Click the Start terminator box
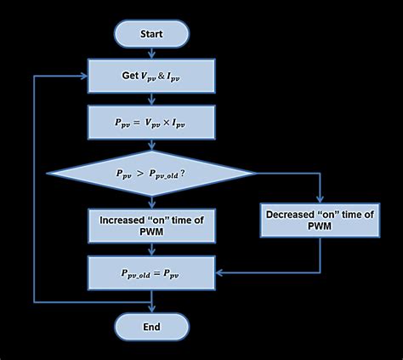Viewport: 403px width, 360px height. coord(151,34)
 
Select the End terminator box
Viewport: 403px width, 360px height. coord(151,326)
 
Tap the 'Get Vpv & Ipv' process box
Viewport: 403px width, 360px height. coord(151,76)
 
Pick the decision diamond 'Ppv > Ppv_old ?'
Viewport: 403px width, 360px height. coord(151,173)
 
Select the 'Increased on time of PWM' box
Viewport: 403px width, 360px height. coord(151,225)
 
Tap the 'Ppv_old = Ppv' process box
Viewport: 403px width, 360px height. coord(151,273)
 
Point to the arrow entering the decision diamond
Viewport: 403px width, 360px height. coord(151,146)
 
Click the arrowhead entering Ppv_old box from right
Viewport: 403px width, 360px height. coord(219,273)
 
